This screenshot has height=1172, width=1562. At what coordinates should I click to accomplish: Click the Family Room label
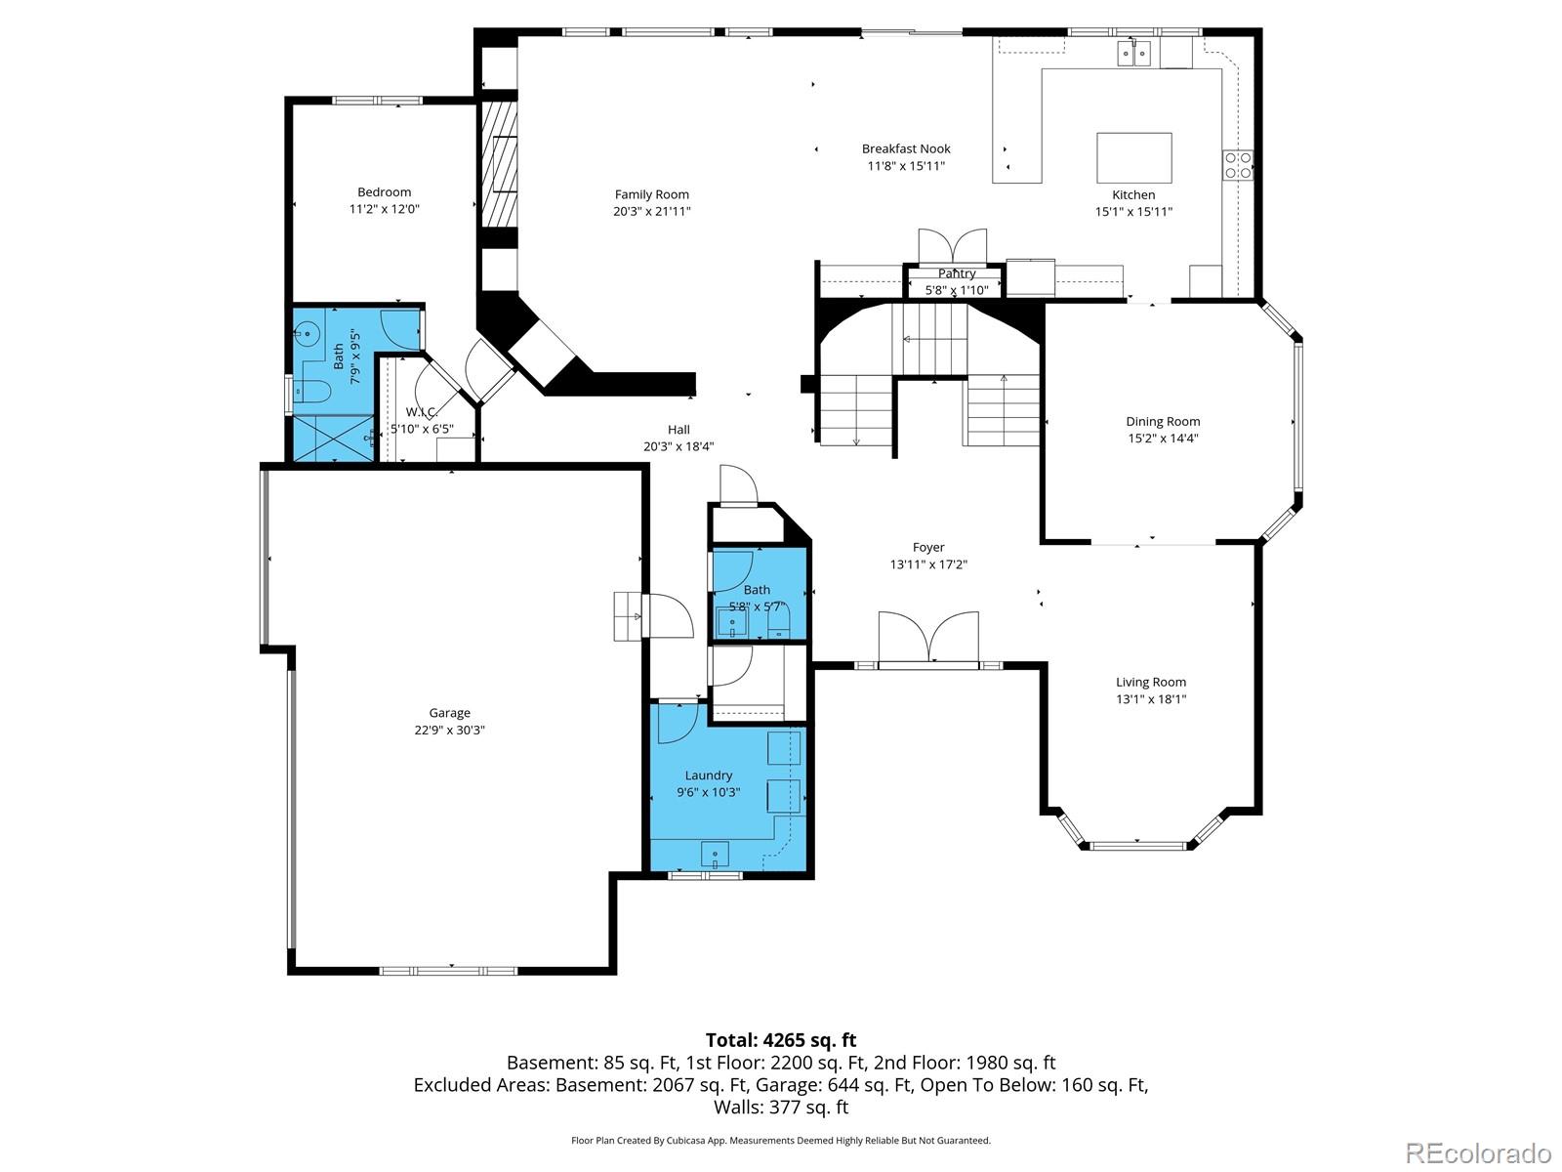[x=651, y=194]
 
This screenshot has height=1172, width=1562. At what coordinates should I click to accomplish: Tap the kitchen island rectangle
[x=1133, y=158]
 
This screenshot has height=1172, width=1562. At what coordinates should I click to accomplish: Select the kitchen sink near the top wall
[x=1133, y=52]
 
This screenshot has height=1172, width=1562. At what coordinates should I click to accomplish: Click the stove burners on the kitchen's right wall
[x=1238, y=165]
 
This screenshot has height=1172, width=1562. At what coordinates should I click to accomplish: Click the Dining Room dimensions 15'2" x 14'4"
[x=1163, y=439]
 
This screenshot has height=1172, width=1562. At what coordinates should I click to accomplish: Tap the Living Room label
[x=1151, y=683]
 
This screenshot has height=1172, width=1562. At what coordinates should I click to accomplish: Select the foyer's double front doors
[x=928, y=638]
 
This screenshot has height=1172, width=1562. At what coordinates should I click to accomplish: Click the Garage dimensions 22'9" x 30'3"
[x=449, y=730]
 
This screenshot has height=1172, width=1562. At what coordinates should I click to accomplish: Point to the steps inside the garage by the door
[x=627, y=616]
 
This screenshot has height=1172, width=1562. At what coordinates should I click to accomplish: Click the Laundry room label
[x=708, y=775]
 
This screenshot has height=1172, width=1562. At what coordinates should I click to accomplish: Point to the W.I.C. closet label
[x=421, y=412]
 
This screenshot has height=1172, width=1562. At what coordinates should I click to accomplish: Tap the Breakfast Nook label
[x=905, y=148]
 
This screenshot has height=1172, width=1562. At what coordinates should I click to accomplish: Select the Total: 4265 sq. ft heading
[x=780, y=1040]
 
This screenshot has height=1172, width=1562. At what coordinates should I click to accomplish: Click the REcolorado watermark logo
[x=1478, y=1152]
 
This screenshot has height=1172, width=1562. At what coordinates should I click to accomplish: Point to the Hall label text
[x=678, y=430]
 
